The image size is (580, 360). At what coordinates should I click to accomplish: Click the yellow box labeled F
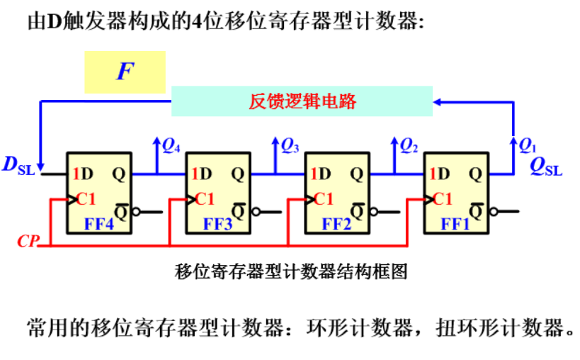[x=125, y=72]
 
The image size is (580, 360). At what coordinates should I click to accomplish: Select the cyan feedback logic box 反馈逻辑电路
[x=302, y=101]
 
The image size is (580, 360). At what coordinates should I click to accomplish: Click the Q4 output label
[x=171, y=146]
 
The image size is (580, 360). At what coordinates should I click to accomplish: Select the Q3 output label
[x=290, y=146]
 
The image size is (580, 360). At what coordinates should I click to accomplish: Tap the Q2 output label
[x=409, y=146]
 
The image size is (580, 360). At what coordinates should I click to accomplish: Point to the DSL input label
[x=18, y=166]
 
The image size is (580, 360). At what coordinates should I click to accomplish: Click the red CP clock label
[x=29, y=242]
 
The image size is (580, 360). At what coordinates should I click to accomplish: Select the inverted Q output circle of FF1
[x=493, y=210]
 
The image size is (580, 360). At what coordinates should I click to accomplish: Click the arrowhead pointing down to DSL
[x=42, y=164]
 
